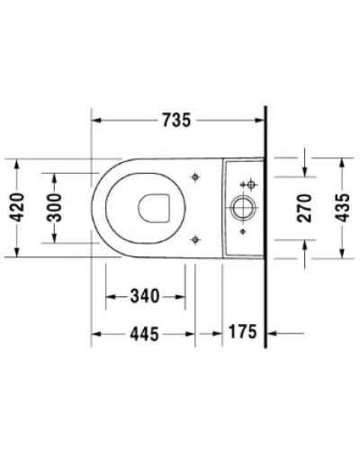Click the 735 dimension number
tap(176, 120)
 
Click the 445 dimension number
tap(143, 333)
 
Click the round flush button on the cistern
tap(244, 208)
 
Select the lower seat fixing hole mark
tap(195, 238)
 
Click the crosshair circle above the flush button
tap(250, 184)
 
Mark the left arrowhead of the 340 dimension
tap(110, 295)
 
